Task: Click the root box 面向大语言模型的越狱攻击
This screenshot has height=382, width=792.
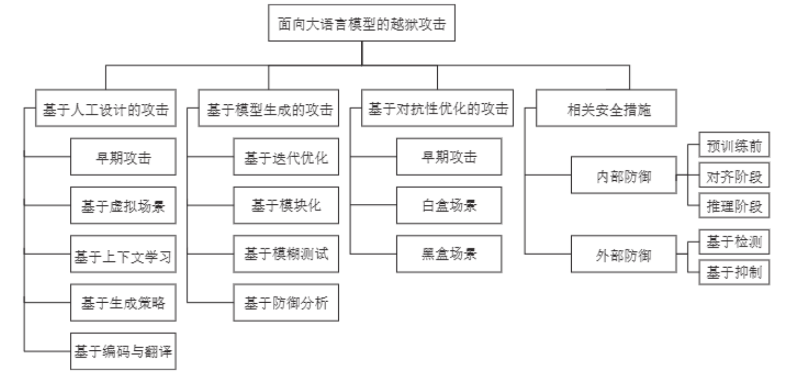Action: tap(361, 23)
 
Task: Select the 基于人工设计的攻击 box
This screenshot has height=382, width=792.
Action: tap(105, 108)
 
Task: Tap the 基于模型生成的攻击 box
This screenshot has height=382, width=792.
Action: tap(269, 108)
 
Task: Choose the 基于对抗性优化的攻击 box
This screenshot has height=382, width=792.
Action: tap(437, 108)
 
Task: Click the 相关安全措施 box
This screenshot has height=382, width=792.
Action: tap(606, 108)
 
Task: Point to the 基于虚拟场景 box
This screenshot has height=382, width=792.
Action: tap(123, 205)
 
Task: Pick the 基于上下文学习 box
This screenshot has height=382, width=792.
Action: tap(123, 254)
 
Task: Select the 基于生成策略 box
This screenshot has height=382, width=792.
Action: tap(123, 303)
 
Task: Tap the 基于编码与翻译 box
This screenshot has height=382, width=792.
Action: tap(123, 351)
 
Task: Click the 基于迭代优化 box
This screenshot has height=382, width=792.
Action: tap(286, 157)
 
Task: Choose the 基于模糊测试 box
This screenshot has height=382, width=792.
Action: tap(286, 254)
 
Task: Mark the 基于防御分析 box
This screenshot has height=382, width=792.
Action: tap(286, 303)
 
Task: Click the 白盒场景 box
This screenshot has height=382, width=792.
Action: tap(449, 205)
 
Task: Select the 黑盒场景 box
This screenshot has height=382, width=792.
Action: tap(449, 254)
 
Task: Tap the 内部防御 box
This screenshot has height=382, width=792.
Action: tap(623, 175)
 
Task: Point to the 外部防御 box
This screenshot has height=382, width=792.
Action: tap(623, 254)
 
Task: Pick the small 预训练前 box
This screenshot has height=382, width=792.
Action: tap(734, 145)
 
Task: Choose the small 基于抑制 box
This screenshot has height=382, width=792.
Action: tap(734, 273)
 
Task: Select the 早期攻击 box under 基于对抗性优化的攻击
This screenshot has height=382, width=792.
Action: tap(449, 157)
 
